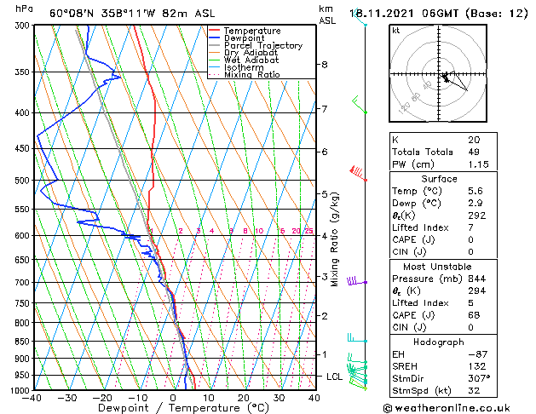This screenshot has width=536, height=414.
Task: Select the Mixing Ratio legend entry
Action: pos(252,75)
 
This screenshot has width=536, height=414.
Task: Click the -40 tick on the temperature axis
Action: pos(33,398)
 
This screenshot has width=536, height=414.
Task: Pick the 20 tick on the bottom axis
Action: pos(244,398)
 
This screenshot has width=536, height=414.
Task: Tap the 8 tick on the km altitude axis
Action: pos(324,65)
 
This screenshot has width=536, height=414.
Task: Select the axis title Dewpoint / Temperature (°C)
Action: pos(173,408)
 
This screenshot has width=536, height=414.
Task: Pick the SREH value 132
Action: pos(475,365)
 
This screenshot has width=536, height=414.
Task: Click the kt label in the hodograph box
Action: pos(395,30)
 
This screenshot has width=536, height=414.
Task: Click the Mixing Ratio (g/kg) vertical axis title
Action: pos(335,239)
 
